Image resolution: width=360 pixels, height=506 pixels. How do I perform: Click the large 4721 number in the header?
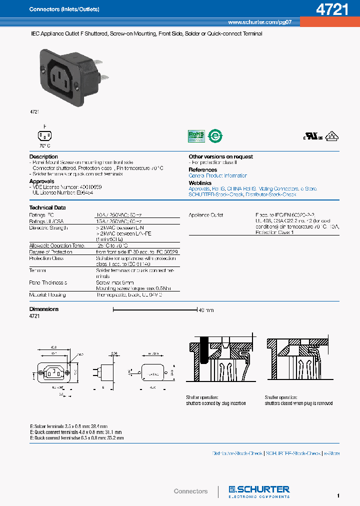pyautogui.click(x=332, y=10)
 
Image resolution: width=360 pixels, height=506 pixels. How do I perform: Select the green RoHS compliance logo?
pyautogui.click(x=196, y=136)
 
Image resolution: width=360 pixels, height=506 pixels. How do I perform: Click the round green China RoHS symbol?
pyautogui.click(x=215, y=136)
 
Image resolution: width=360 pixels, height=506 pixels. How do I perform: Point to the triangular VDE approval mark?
pyautogui.click(x=330, y=136)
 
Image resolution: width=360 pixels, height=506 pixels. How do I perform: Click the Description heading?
pyautogui.click(x=43, y=156)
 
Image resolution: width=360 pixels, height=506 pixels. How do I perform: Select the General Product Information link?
pyautogui.click(x=217, y=175)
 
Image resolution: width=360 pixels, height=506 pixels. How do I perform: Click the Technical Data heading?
pyautogui.click(x=47, y=207)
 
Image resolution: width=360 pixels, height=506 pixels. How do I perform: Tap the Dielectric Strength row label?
pyautogui.click(x=48, y=227)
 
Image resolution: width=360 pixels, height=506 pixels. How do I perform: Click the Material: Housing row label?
pyautogui.click(x=47, y=295)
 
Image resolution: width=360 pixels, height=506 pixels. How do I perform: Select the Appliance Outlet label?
pyautogui.click(x=205, y=215)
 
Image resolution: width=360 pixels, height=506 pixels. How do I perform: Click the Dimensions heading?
pyautogui.click(x=44, y=309)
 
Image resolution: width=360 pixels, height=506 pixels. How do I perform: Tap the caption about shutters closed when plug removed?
pyautogui.click(x=298, y=403)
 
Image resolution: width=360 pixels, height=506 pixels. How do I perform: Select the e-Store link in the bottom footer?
pyautogui.click(x=331, y=453)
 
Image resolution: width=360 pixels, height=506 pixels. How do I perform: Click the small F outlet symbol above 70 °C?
pyautogui.click(x=44, y=135)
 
